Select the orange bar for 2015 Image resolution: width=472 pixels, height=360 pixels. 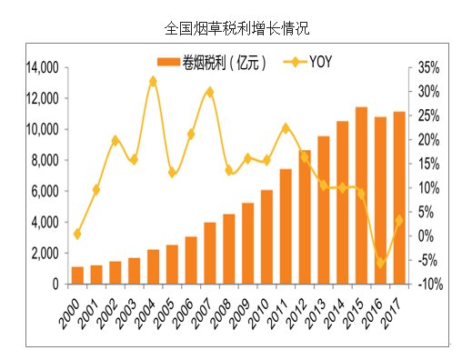click(x=361, y=195)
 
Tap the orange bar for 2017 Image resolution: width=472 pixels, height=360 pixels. click(x=399, y=197)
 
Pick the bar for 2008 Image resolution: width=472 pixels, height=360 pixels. click(x=229, y=248)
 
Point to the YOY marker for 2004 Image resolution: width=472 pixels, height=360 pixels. click(x=153, y=81)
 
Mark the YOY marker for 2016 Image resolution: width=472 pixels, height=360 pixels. click(x=380, y=263)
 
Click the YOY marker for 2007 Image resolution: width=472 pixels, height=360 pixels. click(x=209, y=92)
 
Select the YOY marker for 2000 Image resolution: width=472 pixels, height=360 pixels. click(x=77, y=234)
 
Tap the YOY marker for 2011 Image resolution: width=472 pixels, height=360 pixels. click(x=286, y=128)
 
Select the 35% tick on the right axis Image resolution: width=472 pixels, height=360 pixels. click(x=429, y=67)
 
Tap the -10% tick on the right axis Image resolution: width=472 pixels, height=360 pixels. click(x=429, y=284)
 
